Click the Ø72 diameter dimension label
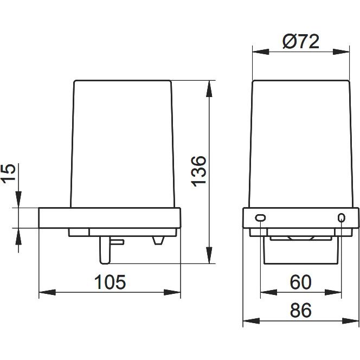tap(301, 42)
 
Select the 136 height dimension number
tap(199, 171)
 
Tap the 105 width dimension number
tap(110, 282)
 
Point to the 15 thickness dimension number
tap(9, 173)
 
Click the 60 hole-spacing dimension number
tap(300, 282)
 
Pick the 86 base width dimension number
tap(300, 310)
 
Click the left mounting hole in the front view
tap(260, 217)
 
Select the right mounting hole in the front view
tap(342, 217)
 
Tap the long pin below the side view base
tap(105, 250)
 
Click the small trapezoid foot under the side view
tap(158, 240)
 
